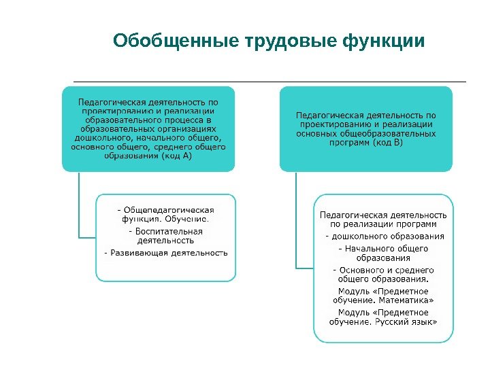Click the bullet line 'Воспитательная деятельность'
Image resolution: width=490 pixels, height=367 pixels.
coord(165,235)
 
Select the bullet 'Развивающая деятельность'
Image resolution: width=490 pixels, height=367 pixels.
coord(165,253)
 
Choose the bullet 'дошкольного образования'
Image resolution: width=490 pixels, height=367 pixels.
coord(385,237)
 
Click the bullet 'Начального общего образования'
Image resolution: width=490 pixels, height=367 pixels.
coord(384,254)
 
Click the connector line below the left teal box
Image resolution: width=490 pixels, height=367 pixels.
coord(79,204)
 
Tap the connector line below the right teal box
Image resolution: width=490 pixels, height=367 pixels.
coord(296,217)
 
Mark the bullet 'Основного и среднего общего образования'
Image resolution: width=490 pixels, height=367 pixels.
coord(384,275)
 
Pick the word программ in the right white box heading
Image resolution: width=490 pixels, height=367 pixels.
coord(419,224)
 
